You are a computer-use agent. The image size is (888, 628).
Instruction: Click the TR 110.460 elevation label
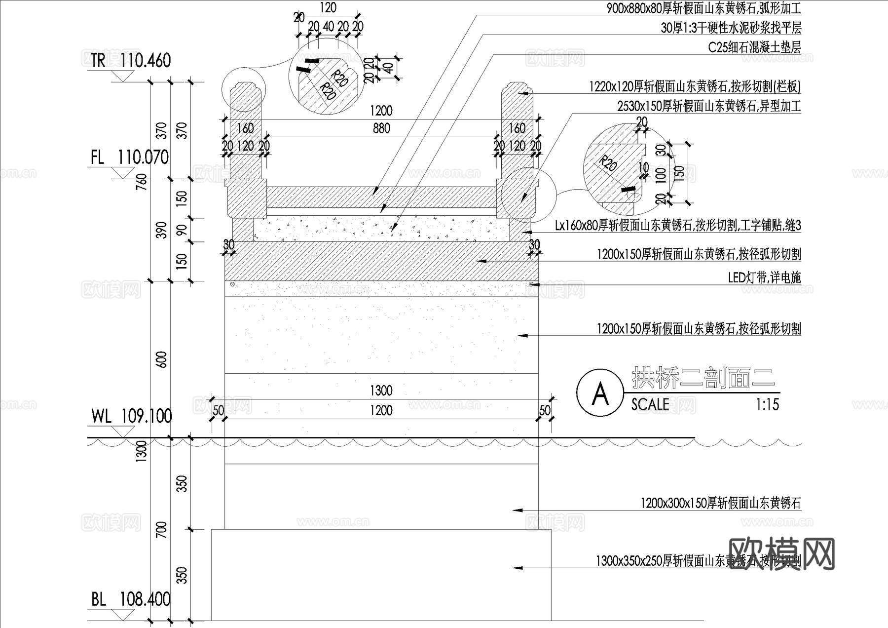coord(131,60)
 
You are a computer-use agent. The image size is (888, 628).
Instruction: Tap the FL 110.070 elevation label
coord(129,157)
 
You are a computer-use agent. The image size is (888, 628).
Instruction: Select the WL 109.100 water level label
coord(131,416)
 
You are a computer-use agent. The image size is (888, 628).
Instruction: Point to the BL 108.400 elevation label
coord(130,599)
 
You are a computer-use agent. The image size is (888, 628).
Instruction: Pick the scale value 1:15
coord(767,405)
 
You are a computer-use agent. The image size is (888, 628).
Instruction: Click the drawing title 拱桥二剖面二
coord(703,378)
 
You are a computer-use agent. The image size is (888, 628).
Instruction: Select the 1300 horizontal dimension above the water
coord(381,391)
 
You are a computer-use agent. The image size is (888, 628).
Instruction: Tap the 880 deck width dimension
coord(381,128)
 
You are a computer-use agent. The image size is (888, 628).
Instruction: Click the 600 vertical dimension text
coord(161,359)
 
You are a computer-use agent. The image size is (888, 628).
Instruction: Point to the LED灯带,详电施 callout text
coord(764,277)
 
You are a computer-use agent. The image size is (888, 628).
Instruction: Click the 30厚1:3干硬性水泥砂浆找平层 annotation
coord(731,28)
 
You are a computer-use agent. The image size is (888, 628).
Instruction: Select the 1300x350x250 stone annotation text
coord(698,561)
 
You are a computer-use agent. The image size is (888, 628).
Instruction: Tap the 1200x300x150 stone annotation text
coord(720,504)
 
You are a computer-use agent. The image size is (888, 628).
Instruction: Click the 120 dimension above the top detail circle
coord(328,7)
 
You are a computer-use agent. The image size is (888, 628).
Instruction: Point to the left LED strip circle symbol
coord(232,284)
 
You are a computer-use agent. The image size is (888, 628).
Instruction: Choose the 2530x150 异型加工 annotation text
coord(709,106)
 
